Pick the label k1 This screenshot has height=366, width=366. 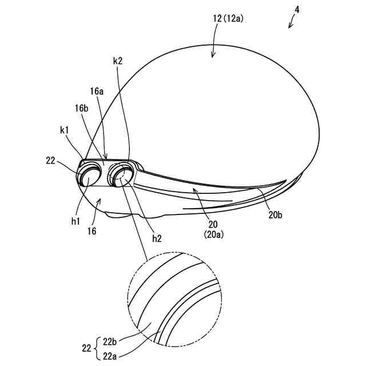[64, 131]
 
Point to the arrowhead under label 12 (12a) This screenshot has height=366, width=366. [213, 55]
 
